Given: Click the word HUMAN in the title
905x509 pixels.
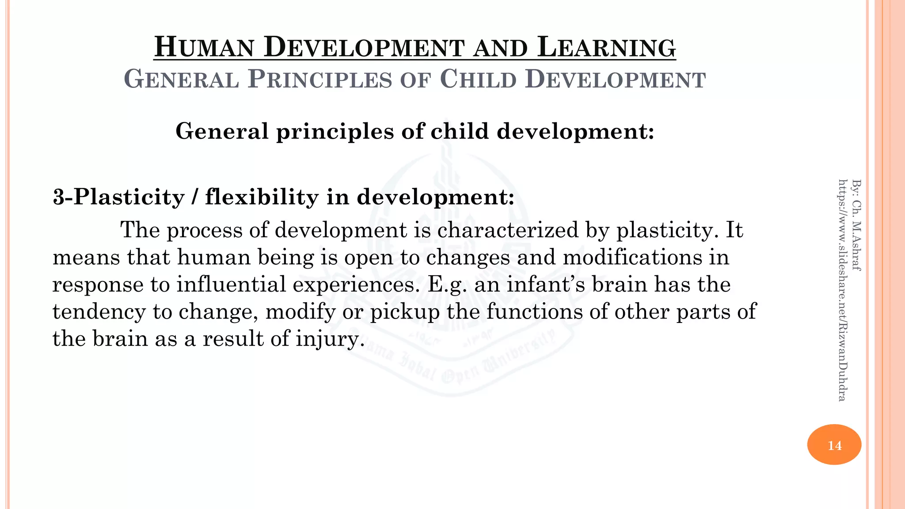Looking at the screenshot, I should (204, 48).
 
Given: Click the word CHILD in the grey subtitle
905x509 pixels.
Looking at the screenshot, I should (479, 80).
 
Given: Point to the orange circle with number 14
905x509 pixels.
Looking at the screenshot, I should (834, 444).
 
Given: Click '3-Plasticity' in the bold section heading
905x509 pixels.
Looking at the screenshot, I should (118, 197).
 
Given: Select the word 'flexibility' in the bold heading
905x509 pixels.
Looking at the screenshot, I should (261, 197).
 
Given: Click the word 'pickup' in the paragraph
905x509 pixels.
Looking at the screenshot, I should (405, 312).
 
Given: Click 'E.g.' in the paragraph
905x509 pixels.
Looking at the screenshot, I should (447, 285).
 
